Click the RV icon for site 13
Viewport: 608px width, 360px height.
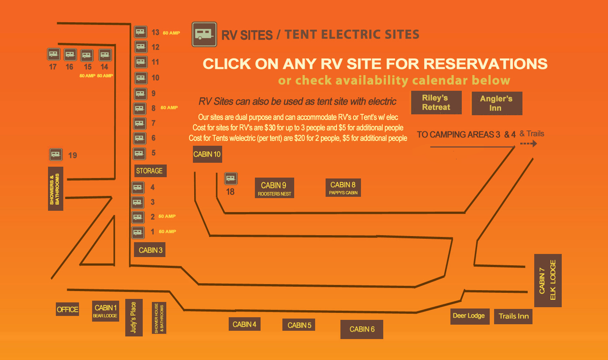point(141,32)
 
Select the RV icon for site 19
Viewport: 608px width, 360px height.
point(55,154)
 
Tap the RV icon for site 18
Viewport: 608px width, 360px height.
point(231,178)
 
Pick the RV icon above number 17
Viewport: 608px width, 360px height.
point(54,54)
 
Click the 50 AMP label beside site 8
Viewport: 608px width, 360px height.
point(169,108)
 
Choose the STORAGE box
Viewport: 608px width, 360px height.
point(151,171)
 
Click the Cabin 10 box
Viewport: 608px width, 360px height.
point(207,154)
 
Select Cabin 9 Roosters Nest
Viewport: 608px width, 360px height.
point(275,188)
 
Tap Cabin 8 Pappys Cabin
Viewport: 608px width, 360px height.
point(343,188)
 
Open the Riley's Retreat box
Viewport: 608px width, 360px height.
point(436,103)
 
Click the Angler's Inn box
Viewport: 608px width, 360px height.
point(497,103)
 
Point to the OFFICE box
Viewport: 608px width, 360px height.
point(67,309)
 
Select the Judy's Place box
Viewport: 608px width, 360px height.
point(134,318)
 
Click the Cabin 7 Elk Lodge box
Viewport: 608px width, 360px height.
point(548,281)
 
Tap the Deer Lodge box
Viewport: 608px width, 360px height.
point(470,316)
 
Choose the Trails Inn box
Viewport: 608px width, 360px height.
point(513,317)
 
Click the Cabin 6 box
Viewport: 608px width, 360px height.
point(361,329)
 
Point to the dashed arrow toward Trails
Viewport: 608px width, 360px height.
point(529,144)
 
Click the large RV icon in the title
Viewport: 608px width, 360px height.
point(204,34)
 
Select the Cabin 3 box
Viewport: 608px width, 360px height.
point(150,250)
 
